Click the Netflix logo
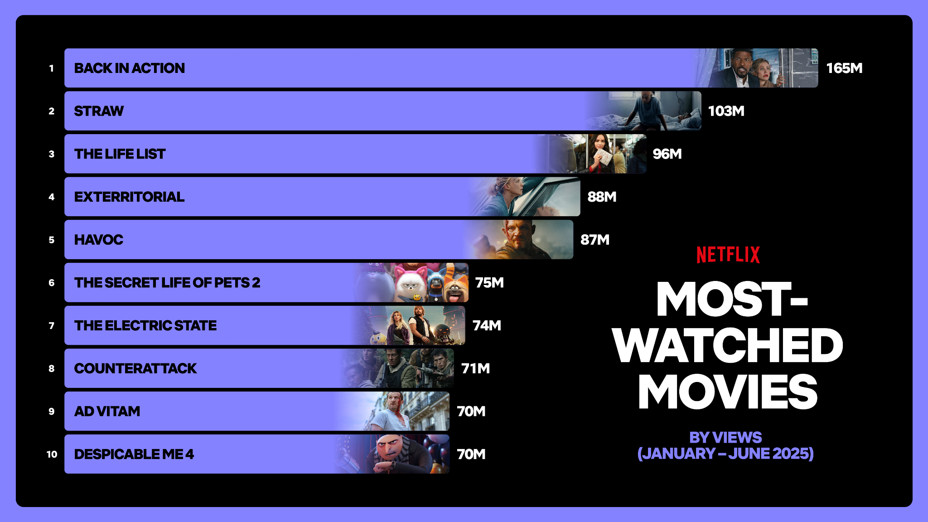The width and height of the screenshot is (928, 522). pos(728,255)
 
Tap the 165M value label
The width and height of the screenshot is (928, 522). pos(844,68)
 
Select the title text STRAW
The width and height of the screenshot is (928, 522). pos(99,111)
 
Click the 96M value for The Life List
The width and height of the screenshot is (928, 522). pos(667,154)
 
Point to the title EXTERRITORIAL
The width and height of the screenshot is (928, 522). pos(129,197)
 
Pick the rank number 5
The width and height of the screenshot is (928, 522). pos(52,240)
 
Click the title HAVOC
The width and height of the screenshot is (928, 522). pos(99,240)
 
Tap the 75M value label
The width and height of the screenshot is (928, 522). pos(489,283)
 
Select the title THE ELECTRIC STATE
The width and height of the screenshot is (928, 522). pos(145,325)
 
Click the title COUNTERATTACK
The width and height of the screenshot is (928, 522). pos(135,368)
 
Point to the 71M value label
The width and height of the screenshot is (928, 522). pos(475,368)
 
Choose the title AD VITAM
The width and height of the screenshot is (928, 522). pos(107,411)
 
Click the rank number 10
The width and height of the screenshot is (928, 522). pos(52,454)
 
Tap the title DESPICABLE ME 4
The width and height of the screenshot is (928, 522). pos(134,454)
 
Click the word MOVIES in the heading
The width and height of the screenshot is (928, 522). pos(728,392)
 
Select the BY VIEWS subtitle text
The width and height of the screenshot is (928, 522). pos(725,437)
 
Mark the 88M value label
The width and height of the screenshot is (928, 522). pos(602,197)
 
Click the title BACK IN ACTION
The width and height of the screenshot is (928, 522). pos(130,68)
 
